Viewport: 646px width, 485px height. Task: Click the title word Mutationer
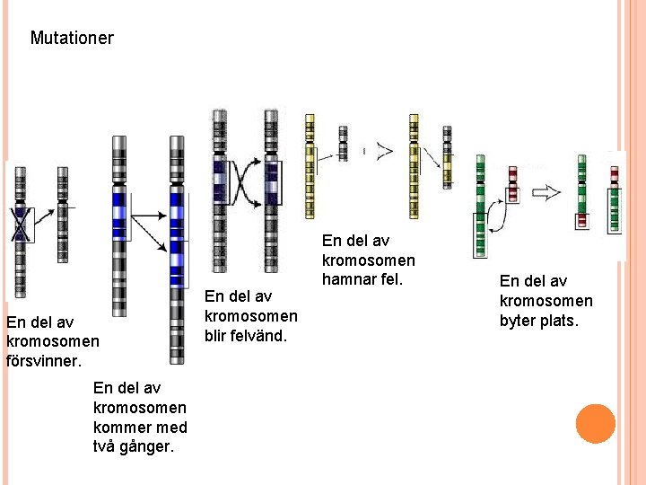tap(72, 39)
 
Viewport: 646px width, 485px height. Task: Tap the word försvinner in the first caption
tap(43, 360)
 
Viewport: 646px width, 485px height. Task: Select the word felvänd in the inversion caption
tap(264, 335)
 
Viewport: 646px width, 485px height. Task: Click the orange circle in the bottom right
tap(596, 424)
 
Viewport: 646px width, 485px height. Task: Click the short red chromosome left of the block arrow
tap(512, 183)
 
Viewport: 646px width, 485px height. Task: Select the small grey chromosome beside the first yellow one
tap(342, 144)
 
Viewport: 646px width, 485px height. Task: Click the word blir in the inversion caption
tap(220, 335)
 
